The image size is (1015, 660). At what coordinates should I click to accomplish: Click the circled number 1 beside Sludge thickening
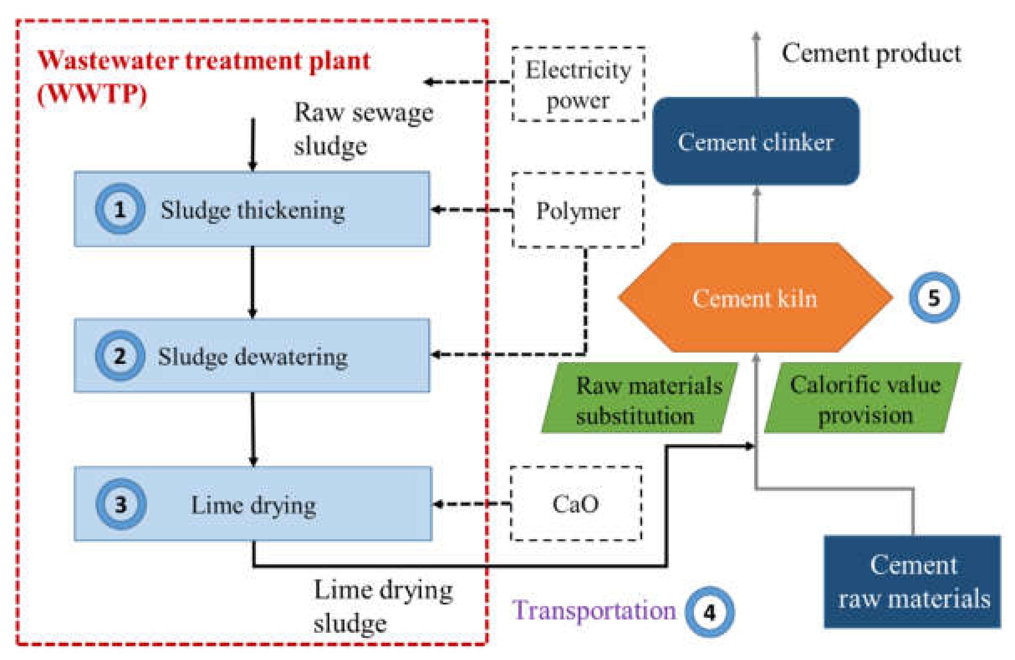pos(120,209)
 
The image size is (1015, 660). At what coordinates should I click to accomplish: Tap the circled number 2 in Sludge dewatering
pos(120,356)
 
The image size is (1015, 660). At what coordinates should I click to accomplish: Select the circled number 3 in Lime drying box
pos(121,504)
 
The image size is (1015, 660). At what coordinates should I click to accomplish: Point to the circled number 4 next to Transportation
pos(709,612)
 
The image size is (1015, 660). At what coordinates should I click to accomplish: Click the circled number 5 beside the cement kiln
pos(934,297)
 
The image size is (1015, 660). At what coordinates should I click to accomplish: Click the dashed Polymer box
pos(578,210)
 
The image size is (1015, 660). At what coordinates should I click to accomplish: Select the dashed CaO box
pos(576,504)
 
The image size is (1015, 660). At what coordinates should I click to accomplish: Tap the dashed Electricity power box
pos(578,84)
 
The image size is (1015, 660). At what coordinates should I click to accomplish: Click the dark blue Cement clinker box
pos(756,142)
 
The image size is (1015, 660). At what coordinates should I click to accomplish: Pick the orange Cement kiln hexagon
pos(755,298)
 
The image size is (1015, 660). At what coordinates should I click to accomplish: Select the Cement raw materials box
pos(913,581)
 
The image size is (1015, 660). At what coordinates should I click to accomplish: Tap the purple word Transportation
pos(594,610)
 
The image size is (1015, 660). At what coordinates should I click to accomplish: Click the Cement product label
pos(871,54)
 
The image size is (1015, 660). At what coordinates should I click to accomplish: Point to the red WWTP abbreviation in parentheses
pos(92,93)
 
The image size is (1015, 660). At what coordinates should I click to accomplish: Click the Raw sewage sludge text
pos(363,129)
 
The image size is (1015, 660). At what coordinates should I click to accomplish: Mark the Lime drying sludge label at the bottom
pos(383,606)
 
